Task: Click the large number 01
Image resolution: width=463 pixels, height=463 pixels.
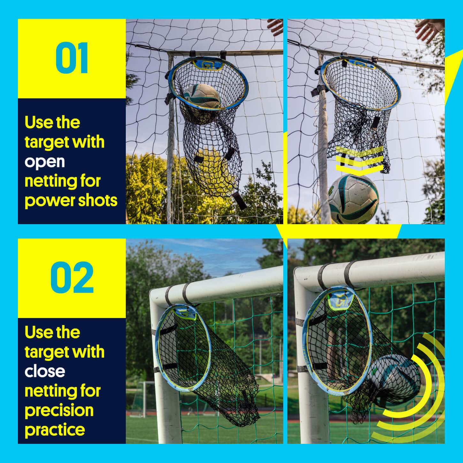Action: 72,58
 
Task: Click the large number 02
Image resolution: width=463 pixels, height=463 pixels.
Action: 72,277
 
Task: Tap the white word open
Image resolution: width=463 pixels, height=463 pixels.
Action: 45,162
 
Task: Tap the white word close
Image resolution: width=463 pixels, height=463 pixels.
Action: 45,371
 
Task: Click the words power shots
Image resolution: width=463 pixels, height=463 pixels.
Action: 71,201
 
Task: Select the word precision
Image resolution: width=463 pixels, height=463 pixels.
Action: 59,411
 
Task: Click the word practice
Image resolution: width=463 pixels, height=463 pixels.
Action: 55,430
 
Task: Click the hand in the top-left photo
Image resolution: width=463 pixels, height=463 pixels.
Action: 275,26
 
